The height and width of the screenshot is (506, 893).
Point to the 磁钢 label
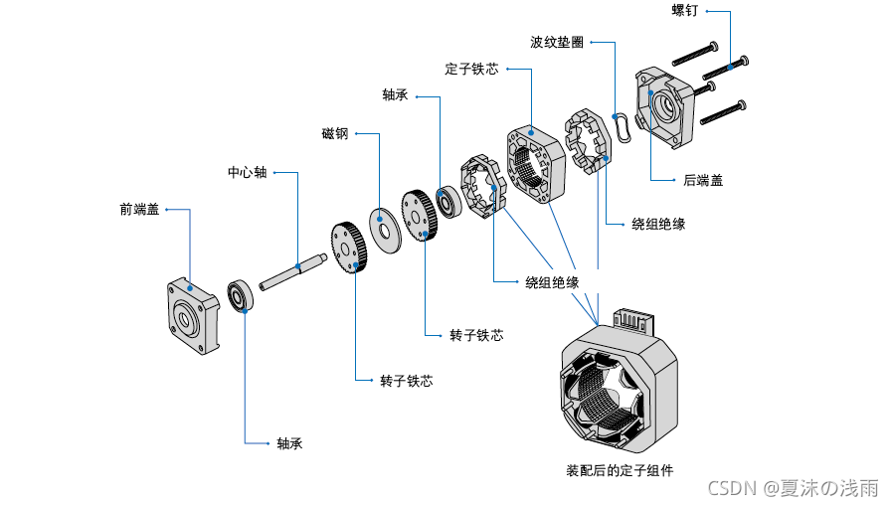pos(334,133)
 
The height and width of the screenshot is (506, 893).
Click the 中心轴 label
pos(247,172)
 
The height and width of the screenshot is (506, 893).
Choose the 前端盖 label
pos(139,209)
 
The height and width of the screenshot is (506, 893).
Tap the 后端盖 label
pos(703,180)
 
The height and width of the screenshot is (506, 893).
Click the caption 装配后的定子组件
pos(619,470)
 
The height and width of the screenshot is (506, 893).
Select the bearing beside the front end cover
pos(240,296)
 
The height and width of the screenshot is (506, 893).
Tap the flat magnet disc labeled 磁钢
pos(382,223)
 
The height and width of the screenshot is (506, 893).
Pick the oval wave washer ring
pos(623,128)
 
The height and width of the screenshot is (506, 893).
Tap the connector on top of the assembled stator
pos(630,321)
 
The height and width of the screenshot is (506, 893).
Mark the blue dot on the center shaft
pos(299,266)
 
